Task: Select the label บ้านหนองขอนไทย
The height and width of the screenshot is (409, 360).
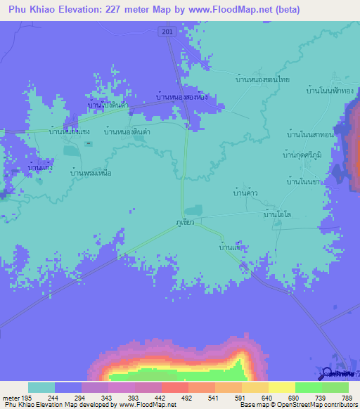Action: click(x=263, y=80)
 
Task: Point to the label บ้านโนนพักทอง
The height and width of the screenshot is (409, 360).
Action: click(x=330, y=91)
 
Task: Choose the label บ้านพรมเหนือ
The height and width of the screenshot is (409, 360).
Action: click(x=94, y=171)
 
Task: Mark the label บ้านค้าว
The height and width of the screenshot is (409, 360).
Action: click(x=245, y=190)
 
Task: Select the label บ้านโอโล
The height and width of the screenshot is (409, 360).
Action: click(x=276, y=214)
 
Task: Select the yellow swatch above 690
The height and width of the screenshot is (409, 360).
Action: click(x=281, y=387)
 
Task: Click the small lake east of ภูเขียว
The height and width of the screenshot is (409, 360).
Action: click(x=195, y=209)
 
